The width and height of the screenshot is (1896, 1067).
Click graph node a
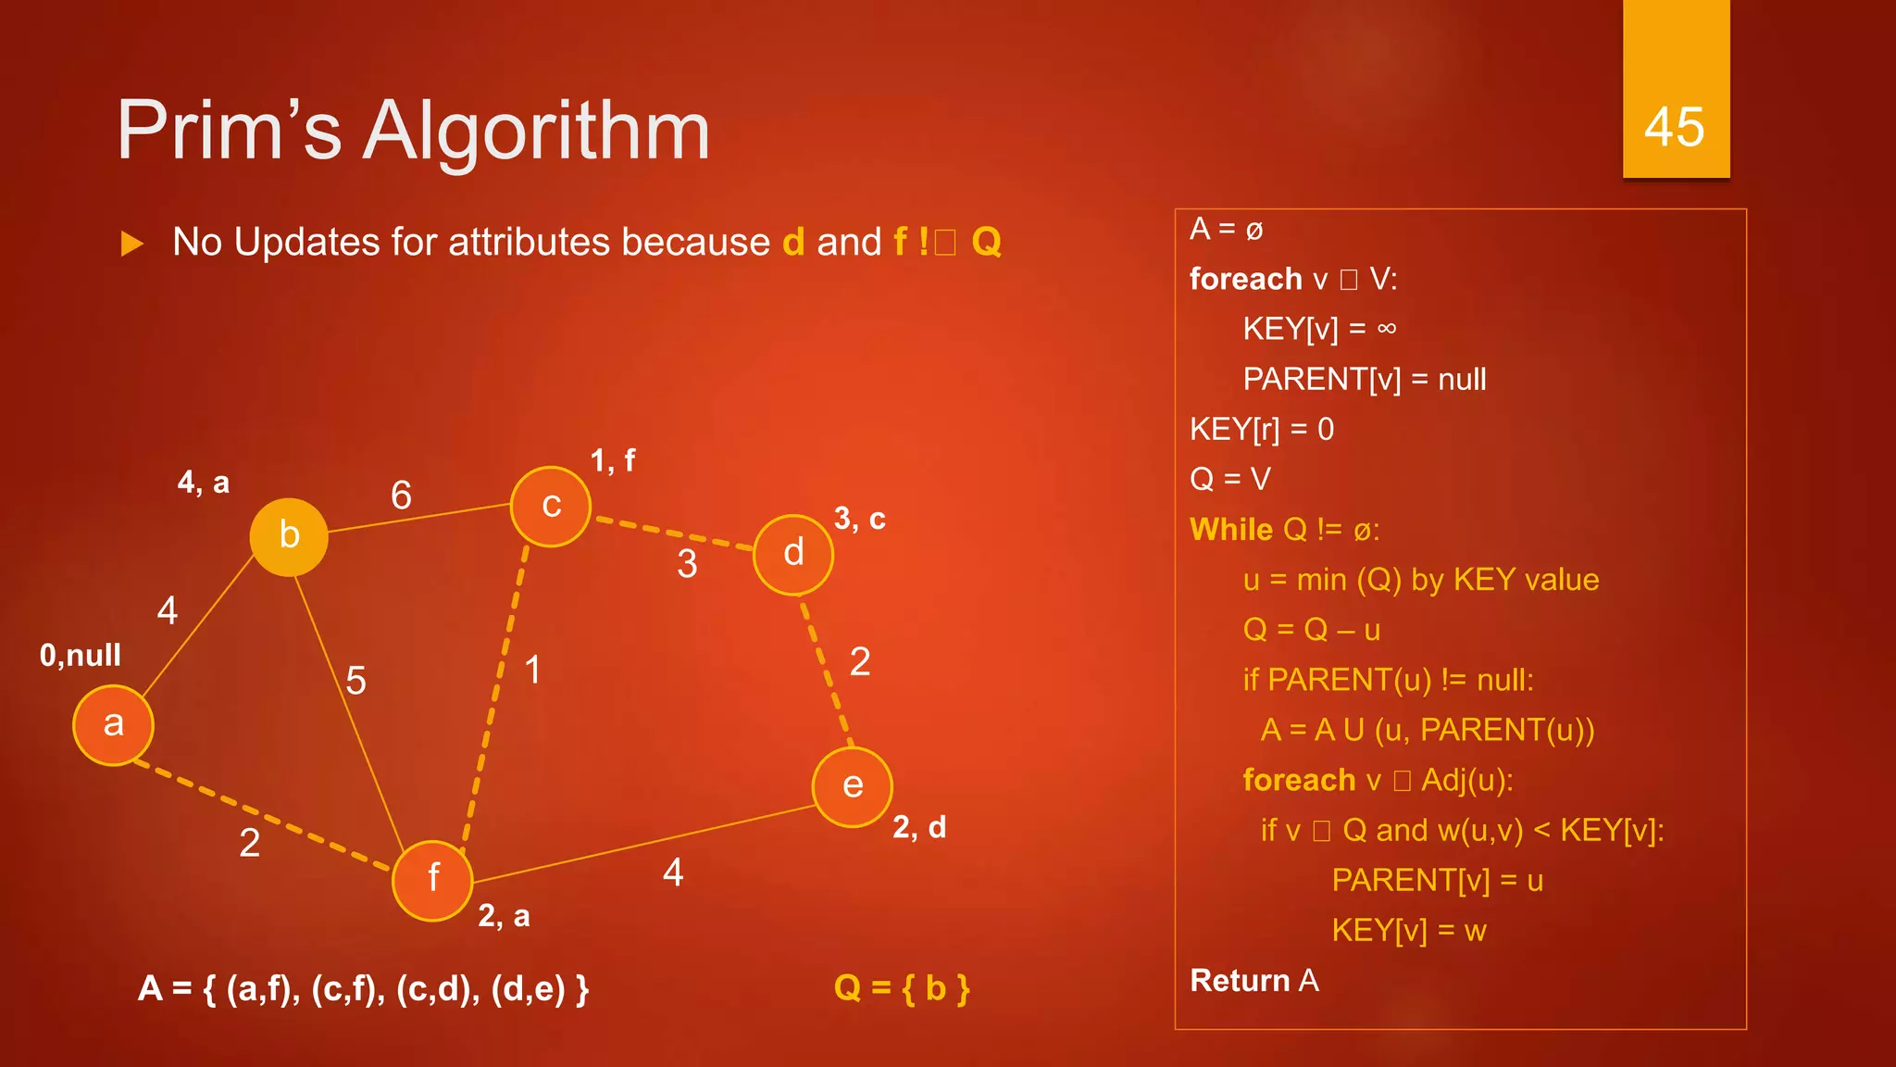[x=113, y=725]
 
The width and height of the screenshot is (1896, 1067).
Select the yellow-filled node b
[x=289, y=536]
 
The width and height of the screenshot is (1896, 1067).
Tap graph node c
[x=551, y=507]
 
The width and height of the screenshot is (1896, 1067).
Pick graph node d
[x=793, y=554]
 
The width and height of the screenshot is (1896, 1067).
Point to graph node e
[x=853, y=786]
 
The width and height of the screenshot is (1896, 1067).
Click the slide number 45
[x=1675, y=126]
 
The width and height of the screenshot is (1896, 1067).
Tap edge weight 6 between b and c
[x=401, y=496]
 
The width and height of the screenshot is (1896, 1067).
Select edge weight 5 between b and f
[x=355, y=681]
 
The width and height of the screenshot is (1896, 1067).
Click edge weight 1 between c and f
[x=533, y=670]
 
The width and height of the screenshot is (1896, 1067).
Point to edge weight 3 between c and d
[x=687, y=564]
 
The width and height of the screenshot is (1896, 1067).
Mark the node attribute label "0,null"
[x=81, y=656]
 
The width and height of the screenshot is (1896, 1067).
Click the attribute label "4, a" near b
[x=204, y=483]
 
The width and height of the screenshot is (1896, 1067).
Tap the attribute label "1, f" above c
[x=613, y=460]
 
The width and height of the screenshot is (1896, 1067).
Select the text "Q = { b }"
[x=902, y=988]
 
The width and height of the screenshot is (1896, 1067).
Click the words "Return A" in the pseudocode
[x=1254, y=980]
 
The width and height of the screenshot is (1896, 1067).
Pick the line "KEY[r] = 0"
[x=1262, y=429]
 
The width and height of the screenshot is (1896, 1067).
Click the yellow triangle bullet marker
[x=132, y=244]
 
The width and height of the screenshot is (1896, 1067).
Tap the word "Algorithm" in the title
[x=537, y=131]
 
